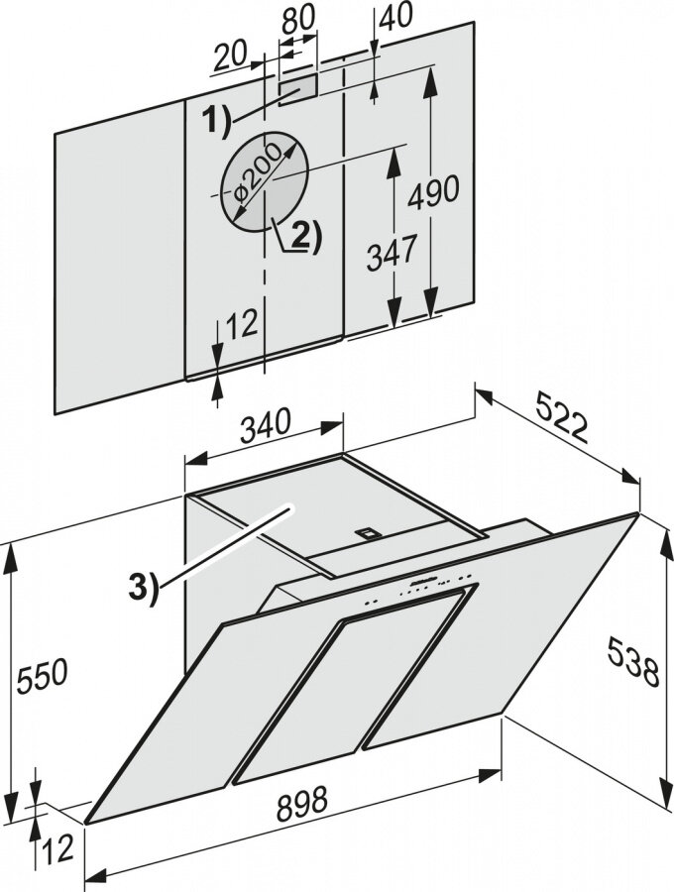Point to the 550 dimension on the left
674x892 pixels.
(x=41, y=675)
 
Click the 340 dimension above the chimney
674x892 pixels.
(x=265, y=424)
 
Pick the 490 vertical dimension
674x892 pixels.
(x=437, y=189)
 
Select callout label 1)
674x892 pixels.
(x=211, y=122)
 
